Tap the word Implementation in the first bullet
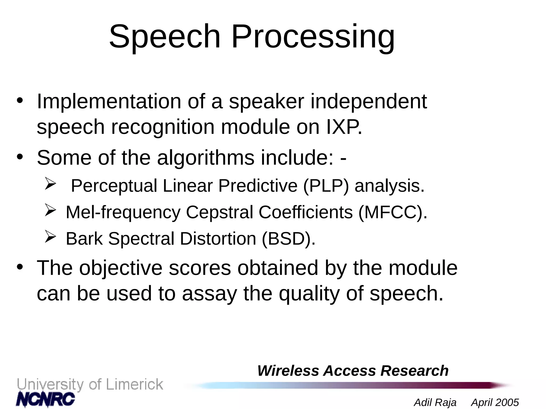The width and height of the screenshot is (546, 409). tap(109, 102)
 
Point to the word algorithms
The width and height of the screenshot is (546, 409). tap(206, 158)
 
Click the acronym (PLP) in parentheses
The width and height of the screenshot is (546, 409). tap(326, 186)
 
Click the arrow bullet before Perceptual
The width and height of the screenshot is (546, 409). tap(50, 183)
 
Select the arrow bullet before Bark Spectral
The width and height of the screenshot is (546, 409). tap(50, 236)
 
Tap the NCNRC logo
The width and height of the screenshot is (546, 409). tap(45, 399)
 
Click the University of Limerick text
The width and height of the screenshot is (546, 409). tap(90, 385)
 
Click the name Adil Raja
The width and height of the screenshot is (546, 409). tap(435, 402)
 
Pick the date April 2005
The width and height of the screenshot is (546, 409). tap(495, 402)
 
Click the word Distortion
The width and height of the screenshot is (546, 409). tap(218, 239)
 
